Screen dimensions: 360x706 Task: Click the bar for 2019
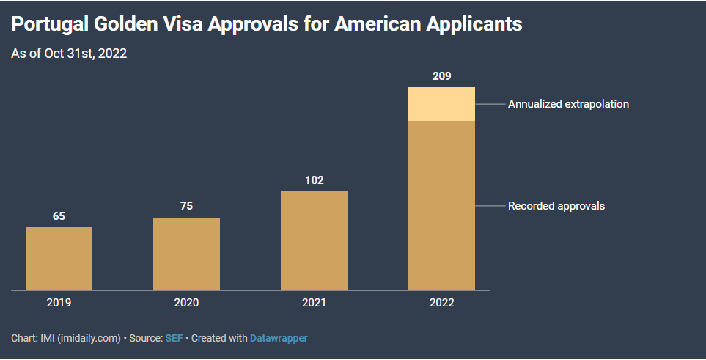tap(59, 259)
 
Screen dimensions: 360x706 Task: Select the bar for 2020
tap(186, 254)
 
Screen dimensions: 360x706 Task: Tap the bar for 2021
tap(314, 240)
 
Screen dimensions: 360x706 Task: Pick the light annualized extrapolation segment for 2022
tap(441, 104)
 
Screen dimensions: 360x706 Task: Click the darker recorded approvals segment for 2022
tap(441, 205)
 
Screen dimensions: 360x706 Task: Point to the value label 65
tap(59, 216)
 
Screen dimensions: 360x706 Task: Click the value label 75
tap(186, 206)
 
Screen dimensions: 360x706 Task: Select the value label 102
tap(314, 180)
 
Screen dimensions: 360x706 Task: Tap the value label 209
tap(441, 76)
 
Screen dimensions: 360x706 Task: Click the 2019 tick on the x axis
tap(59, 302)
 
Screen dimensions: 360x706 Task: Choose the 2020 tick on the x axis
tap(186, 302)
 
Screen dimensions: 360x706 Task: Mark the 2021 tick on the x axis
tap(314, 302)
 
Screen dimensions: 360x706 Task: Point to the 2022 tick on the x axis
tap(441, 302)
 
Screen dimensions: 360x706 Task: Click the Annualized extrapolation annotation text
tap(568, 104)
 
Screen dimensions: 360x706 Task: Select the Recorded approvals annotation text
tap(556, 206)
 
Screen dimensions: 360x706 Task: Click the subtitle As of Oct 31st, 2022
tap(70, 54)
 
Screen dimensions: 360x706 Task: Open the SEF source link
tap(174, 339)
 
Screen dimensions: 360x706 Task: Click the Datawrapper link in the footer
tap(279, 339)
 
